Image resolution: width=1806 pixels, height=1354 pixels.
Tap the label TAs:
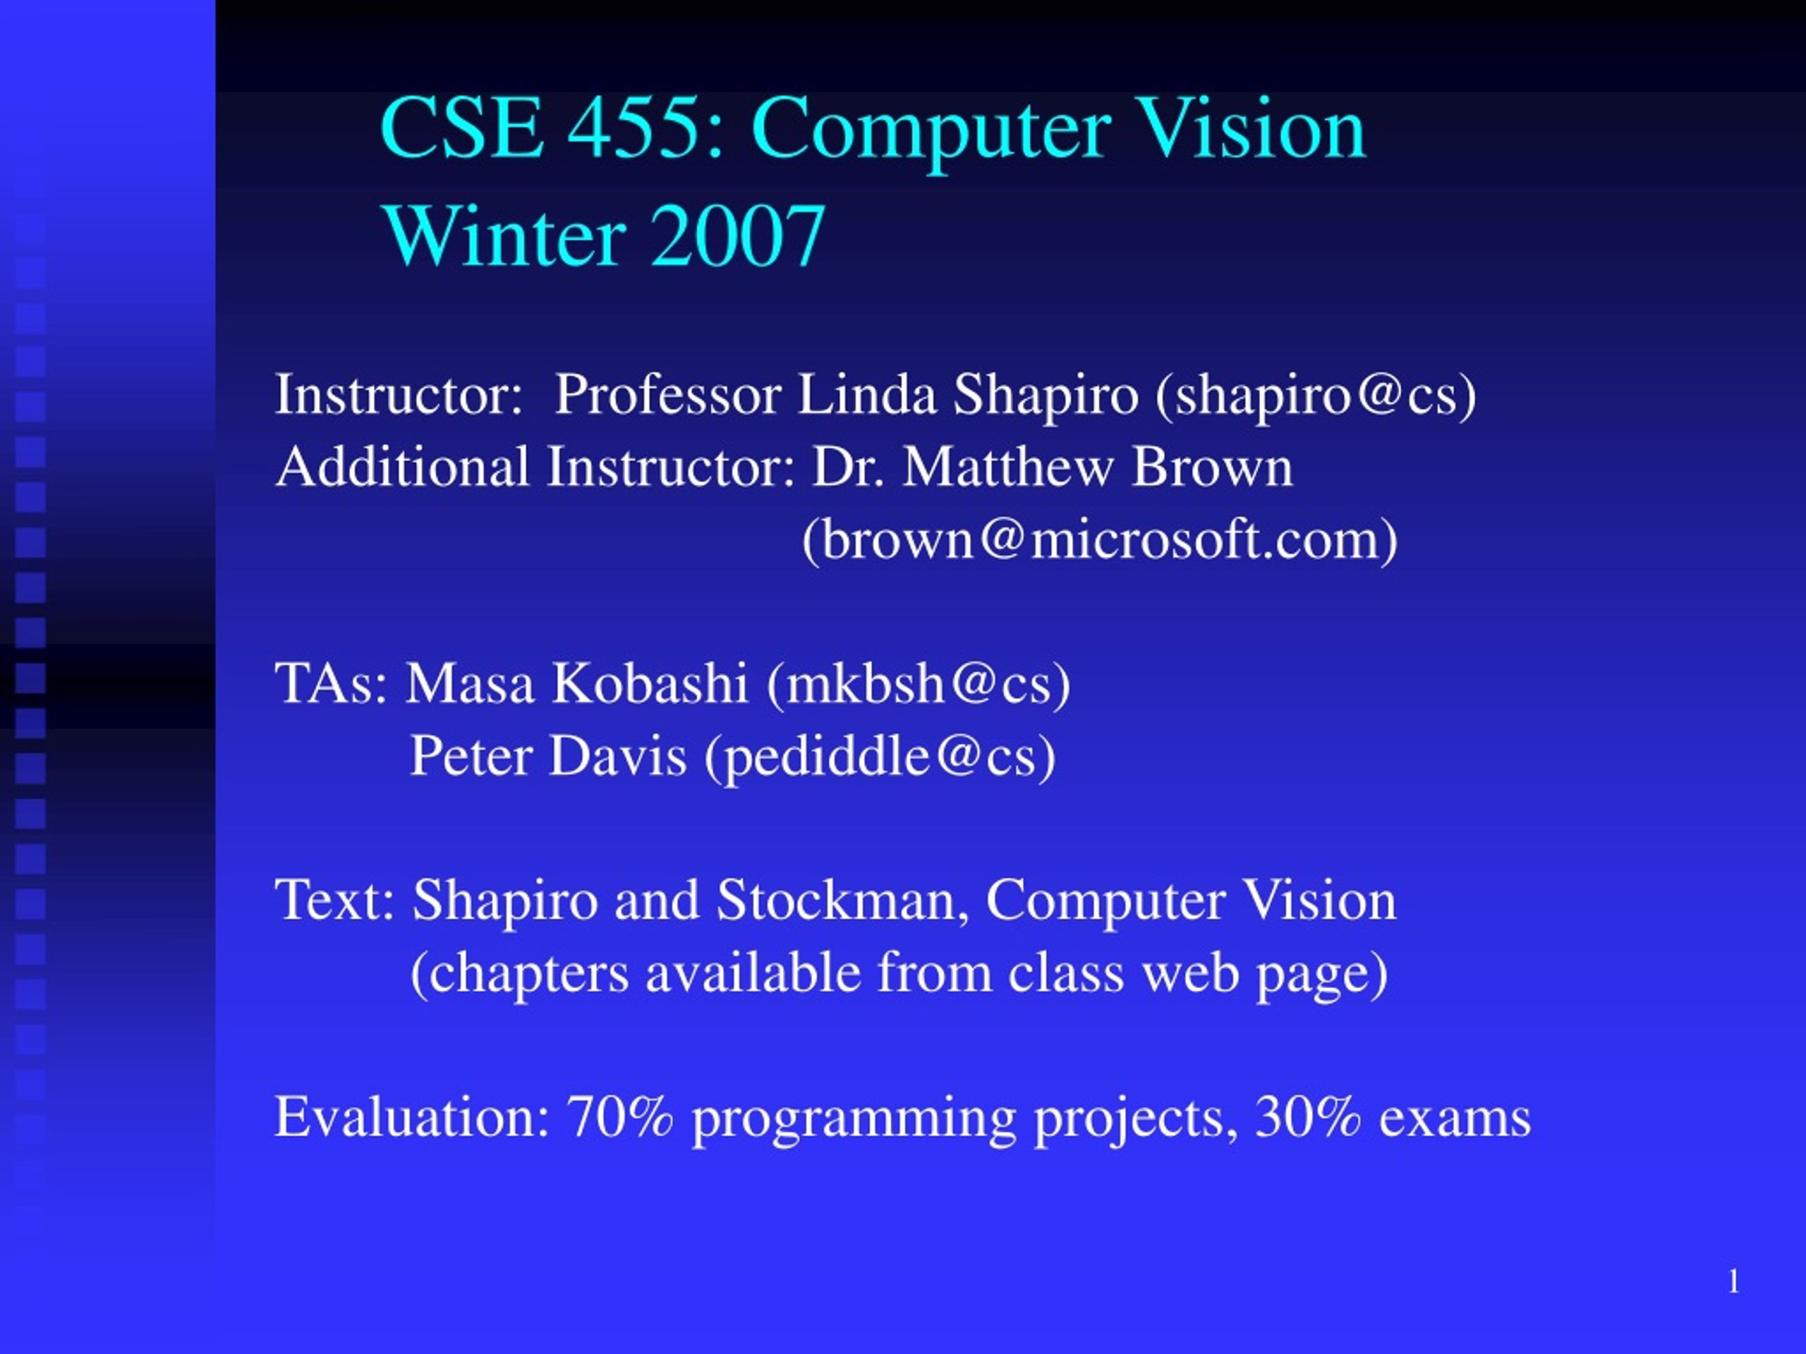point(332,683)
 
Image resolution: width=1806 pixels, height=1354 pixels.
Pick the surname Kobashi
point(650,683)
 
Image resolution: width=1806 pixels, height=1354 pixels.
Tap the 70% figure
point(621,1117)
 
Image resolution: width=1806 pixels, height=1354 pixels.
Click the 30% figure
point(1309,1117)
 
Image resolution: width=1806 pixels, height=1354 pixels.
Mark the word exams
point(1455,1119)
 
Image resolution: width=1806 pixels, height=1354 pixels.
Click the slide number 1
point(1733,1282)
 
